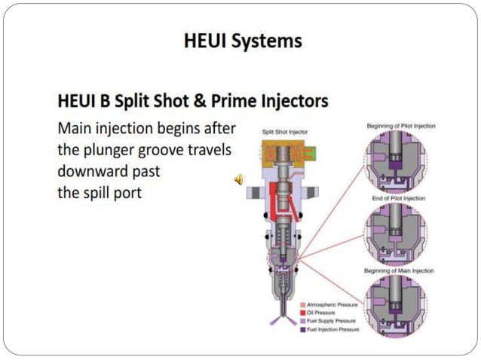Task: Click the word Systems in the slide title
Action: coord(272,41)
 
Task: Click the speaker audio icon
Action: coord(239,178)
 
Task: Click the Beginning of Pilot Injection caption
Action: coord(401,126)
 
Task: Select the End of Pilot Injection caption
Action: coord(401,198)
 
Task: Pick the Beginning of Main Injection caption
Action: coord(400,270)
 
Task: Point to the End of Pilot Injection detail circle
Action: coord(397,233)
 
